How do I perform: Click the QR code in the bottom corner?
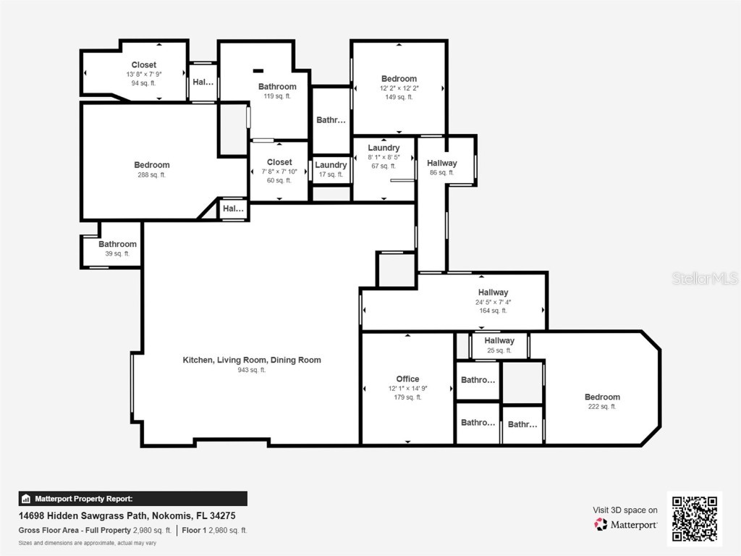click(694, 518)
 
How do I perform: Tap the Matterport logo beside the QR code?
click(626, 524)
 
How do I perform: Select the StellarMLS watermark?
click(704, 278)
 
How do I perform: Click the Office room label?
click(407, 379)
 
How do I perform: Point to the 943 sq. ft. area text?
click(252, 370)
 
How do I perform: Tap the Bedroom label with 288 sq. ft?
click(152, 165)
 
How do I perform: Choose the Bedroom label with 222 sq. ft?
click(602, 397)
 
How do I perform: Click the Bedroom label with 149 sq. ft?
click(399, 79)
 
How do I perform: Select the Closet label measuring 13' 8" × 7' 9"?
click(143, 65)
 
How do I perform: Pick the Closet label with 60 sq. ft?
click(279, 162)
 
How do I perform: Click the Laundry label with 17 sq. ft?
click(331, 165)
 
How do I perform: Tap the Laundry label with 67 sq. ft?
click(384, 148)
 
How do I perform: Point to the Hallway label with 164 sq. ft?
click(493, 292)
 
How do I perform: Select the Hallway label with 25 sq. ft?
click(499, 340)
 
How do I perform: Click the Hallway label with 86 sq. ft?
click(441, 164)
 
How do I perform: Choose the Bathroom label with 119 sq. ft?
click(277, 87)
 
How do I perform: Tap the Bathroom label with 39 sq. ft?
click(117, 245)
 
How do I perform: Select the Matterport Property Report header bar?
click(132, 499)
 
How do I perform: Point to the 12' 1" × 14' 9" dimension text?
click(407, 388)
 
